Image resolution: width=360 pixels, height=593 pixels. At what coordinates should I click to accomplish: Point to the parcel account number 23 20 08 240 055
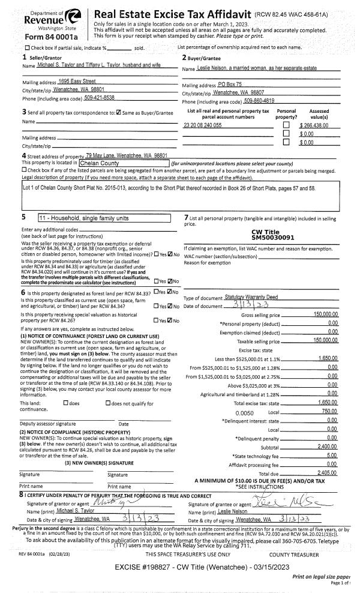coord(202,125)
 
